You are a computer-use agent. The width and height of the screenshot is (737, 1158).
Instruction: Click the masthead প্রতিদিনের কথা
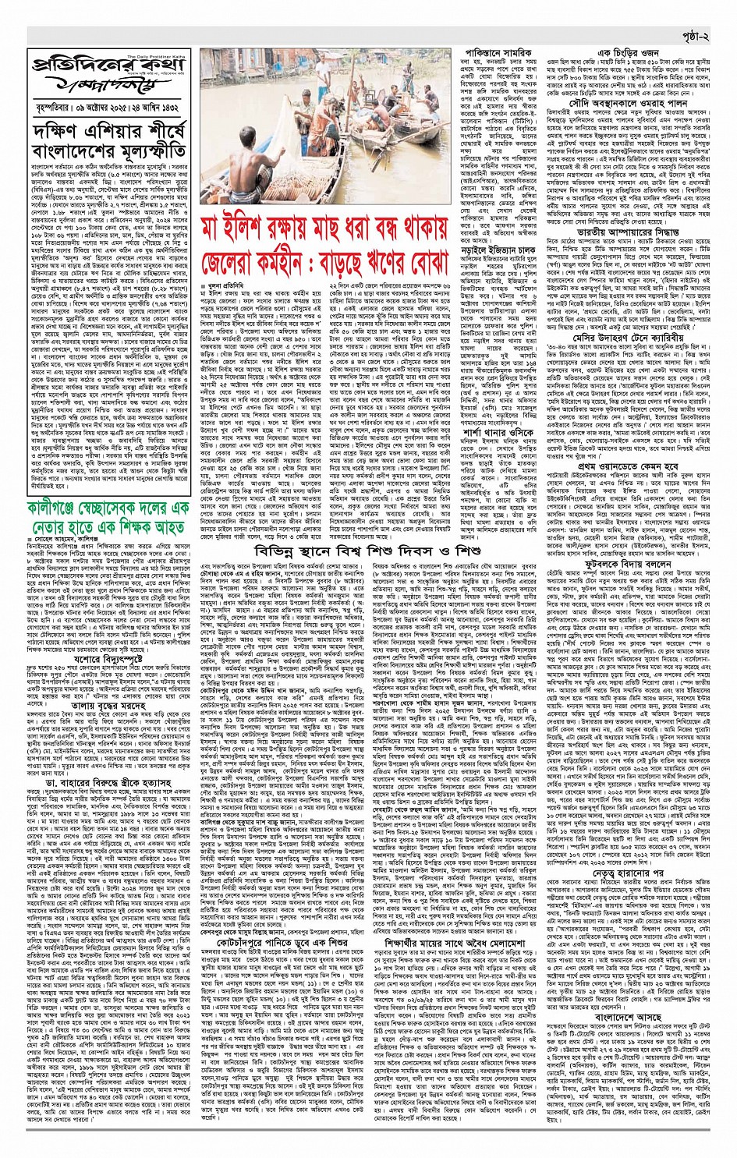pyautogui.click(x=108, y=65)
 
